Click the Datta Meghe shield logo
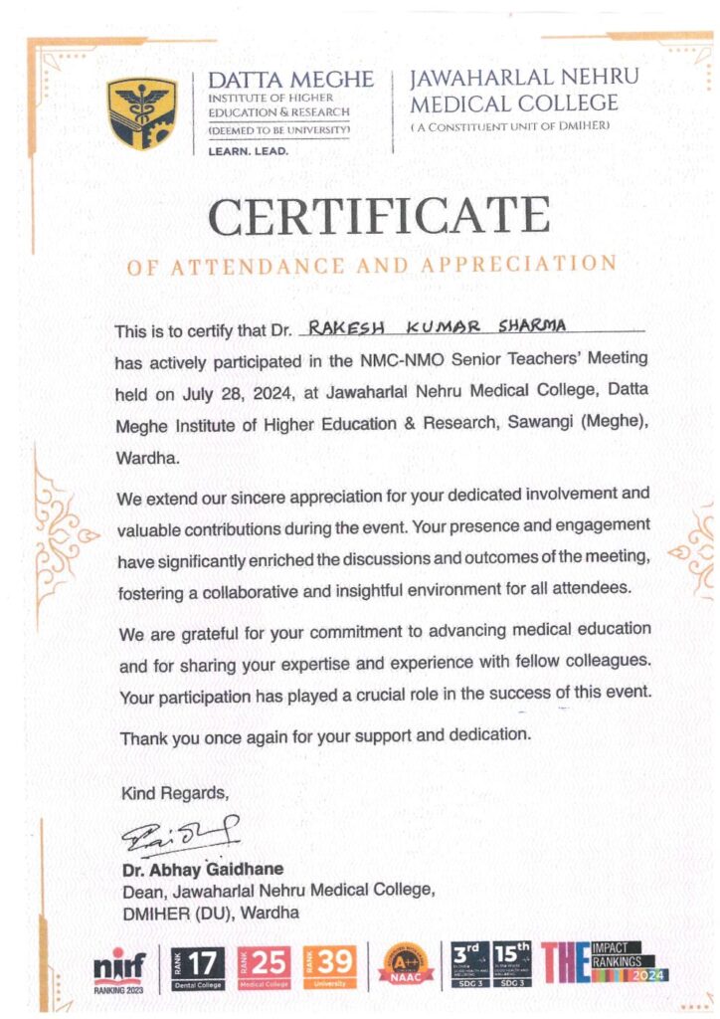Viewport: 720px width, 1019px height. tap(142, 112)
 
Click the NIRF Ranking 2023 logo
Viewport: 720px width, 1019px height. tap(119, 967)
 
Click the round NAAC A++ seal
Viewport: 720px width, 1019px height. tap(406, 963)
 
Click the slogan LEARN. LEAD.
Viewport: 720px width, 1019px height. tap(248, 151)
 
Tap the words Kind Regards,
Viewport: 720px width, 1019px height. tap(174, 793)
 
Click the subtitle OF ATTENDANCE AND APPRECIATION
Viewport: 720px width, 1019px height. tap(372, 265)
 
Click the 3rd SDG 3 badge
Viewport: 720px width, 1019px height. tap(470, 963)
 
